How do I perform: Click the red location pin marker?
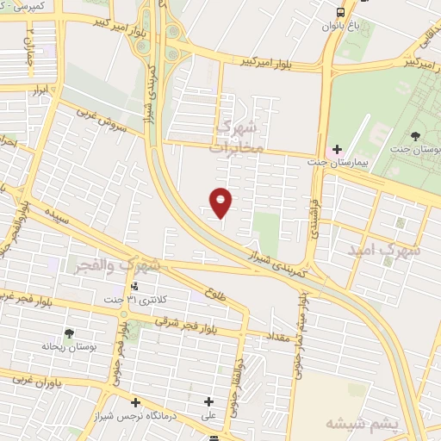point(222,202)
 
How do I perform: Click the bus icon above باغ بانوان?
point(341,12)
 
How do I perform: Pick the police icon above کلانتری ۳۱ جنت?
point(134,286)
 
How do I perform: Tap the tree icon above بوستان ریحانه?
point(69,334)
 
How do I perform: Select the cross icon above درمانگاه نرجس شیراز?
point(135,402)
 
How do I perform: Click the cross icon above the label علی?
point(208,401)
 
